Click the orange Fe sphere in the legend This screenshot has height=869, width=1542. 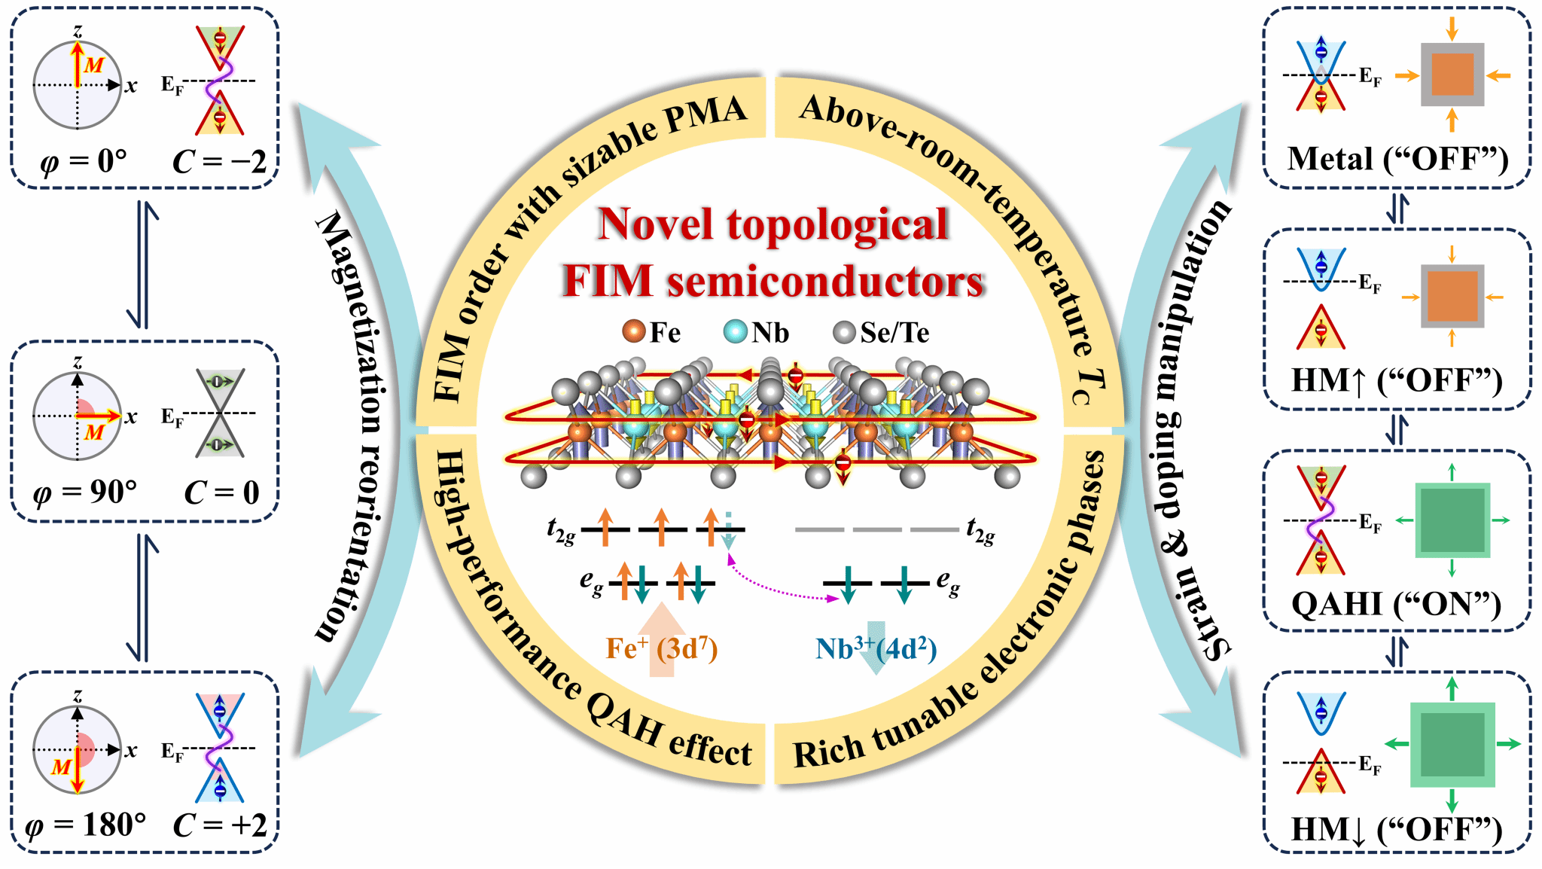pyautogui.click(x=634, y=331)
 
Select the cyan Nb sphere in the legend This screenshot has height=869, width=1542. pyautogui.click(x=735, y=331)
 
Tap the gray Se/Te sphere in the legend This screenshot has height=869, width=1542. pyautogui.click(x=845, y=331)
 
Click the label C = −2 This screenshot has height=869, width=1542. pyautogui.click(x=220, y=161)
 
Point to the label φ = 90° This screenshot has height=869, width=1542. pyautogui.click(x=85, y=492)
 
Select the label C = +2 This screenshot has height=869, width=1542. pyautogui.click(x=220, y=825)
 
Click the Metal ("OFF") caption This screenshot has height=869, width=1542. pyautogui.click(x=1397, y=159)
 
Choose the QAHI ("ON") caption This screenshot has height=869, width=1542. pyautogui.click(x=1397, y=604)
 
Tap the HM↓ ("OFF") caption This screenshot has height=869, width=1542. pyautogui.click(x=1397, y=829)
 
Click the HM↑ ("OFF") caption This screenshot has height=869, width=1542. pyautogui.click(x=1397, y=380)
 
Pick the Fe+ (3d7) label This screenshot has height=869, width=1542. pyautogui.click(x=662, y=648)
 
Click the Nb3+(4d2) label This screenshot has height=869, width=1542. pyautogui.click(x=876, y=648)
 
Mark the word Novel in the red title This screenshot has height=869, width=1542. pyautogui.click(x=655, y=224)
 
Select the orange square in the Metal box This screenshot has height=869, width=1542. pyautogui.click(x=1452, y=75)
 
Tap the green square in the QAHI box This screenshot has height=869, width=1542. pyautogui.click(x=1452, y=520)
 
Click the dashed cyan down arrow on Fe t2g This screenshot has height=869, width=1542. pyautogui.click(x=728, y=530)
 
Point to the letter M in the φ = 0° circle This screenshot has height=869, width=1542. pyautogui.click(x=94, y=65)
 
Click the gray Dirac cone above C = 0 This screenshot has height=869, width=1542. pyautogui.click(x=220, y=413)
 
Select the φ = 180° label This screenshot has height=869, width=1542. pyautogui.click(x=85, y=826)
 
